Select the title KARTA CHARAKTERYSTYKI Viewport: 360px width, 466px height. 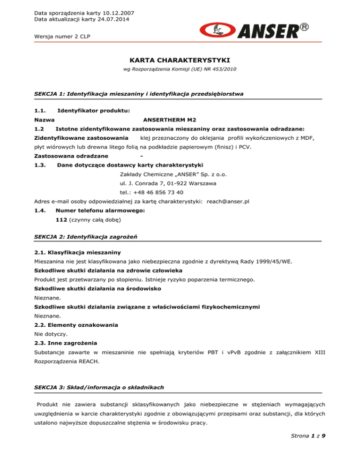pos(180,60)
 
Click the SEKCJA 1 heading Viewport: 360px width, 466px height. pos(139,94)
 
